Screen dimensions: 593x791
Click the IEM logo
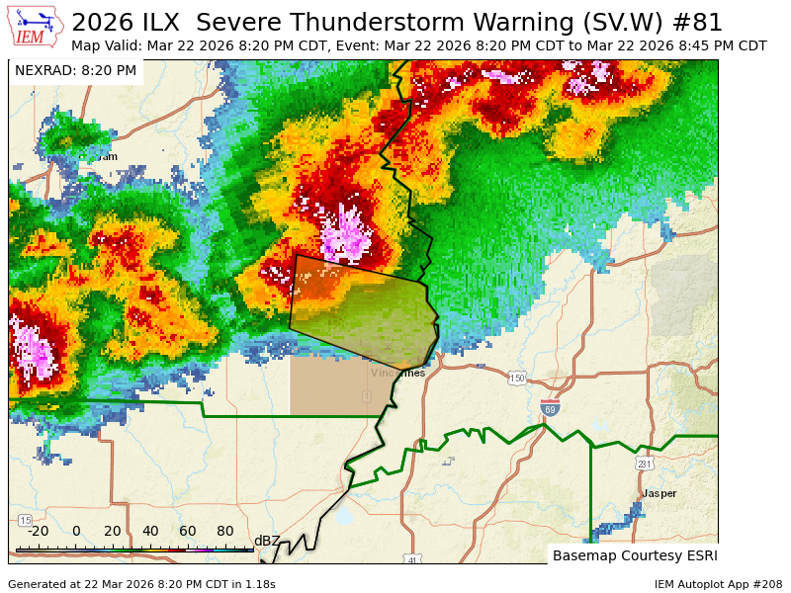[36, 27]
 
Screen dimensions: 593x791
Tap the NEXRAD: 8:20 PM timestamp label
[75, 70]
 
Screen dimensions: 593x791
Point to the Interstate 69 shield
[550, 406]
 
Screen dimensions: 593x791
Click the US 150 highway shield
[517, 379]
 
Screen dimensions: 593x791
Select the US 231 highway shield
[644, 464]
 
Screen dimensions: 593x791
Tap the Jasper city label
[659, 492]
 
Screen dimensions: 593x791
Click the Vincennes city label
[397, 373]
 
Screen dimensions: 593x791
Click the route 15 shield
[25, 520]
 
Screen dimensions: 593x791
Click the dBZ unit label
[267, 540]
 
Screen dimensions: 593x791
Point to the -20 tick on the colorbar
[39, 531]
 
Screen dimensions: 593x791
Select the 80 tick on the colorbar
[224, 531]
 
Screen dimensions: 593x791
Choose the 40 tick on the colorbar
[150, 531]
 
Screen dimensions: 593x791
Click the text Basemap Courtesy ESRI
[634, 554]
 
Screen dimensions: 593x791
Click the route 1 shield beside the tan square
[366, 395]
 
